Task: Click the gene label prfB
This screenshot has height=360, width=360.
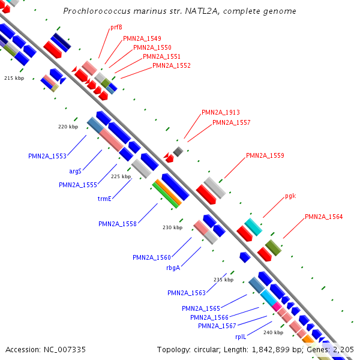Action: pos(116,28)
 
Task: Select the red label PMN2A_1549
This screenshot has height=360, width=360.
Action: pos(142,38)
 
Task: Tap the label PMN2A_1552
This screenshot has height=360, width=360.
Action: pos(172,65)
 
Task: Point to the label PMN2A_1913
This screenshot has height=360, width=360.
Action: pos(221,112)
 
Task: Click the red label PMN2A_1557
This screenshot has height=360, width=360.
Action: pos(232,122)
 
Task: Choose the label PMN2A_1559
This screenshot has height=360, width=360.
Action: pos(265,156)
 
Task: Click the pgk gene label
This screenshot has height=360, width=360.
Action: pos(290,196)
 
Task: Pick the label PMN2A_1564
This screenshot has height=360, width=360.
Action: pos(324,217)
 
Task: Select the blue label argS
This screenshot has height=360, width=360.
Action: pos(75,171)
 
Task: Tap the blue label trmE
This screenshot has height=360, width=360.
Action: pos(105,199)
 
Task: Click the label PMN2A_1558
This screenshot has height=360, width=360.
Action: pos(118,224)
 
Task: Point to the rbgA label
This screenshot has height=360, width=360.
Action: pos(173,268)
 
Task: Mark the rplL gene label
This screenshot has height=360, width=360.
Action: pos(241,337)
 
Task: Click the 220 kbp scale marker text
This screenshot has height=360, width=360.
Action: pos(68,127)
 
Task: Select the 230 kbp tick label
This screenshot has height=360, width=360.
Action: pos(172,228)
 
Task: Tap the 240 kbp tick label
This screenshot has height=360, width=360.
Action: pos(273,332)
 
